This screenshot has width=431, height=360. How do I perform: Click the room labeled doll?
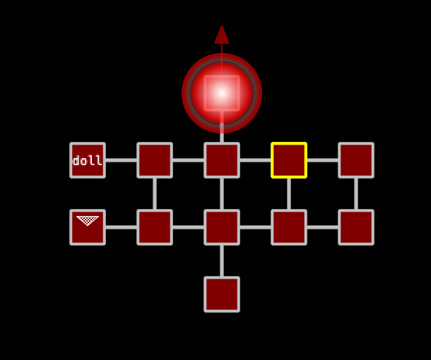[x=88, y=160]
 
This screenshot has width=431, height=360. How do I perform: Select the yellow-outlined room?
[x=289, y=160]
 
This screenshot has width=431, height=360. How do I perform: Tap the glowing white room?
[x=222, y=92]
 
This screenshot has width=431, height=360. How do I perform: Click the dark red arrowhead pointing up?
[x=222, y=35]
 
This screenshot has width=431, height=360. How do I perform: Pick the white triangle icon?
[x=88, y=221]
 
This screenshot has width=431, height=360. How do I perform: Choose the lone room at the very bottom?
[x=222, y=294]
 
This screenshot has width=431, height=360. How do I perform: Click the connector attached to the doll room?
[x=121, y=160]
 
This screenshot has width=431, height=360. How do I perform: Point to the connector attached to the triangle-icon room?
[x=121, y=227]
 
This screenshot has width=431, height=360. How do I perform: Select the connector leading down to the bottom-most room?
[x=222, y=260]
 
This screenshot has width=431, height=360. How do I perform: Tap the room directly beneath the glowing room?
[x=222, y=160]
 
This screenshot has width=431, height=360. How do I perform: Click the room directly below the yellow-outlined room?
[x=289, y=227]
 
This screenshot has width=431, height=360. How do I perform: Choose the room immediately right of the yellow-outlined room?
[x=356, y=160]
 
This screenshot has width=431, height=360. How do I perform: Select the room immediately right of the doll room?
[x=155, y=160]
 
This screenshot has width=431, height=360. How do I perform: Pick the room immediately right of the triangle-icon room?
[x=155, y=227]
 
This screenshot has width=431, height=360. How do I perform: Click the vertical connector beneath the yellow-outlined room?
[x=289, y=193]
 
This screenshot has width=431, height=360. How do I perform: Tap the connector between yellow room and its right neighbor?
[x=322, y=160]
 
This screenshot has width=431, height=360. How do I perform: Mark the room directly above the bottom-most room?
[x=222, y=227]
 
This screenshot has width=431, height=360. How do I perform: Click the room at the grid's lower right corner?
[x=356, y=227]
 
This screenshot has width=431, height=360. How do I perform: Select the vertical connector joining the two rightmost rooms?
[x=356, y=193]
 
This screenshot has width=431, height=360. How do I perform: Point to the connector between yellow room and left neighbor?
[x=255, y=160]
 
